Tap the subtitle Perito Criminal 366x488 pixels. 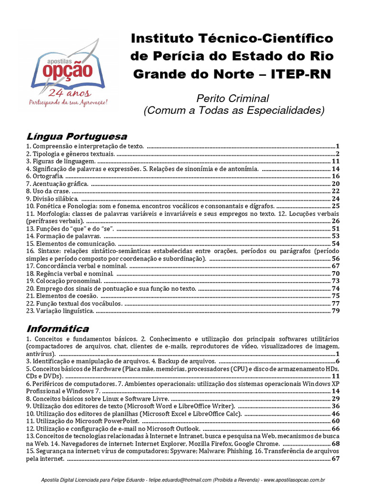pyautogui.click(x=234, y=99)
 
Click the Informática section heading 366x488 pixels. pyautogui.click(x=58, y=329)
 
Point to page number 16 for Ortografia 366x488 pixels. pyautogui.click(x=335, y=176)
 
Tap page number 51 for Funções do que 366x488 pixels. pyautogui.click(x=335, y=229)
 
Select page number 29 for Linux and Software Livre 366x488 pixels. pyautogui.click(x=335, y=398)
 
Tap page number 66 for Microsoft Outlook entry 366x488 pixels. pyautogui.click(x=335, y=428)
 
